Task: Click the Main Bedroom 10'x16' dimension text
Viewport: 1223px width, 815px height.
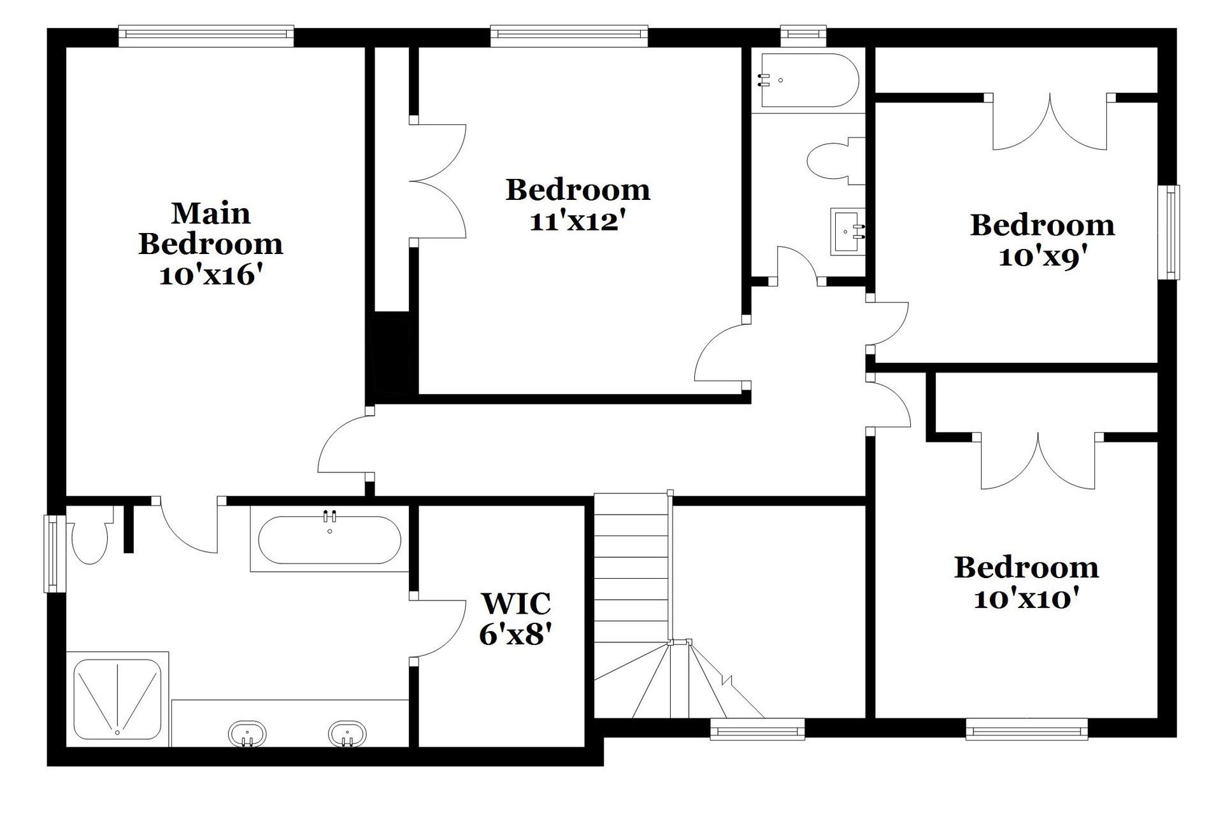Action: click(211, 276)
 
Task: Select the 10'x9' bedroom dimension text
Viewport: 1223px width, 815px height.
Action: click(1042, 257)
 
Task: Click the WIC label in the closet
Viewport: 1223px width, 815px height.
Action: click(515, 602)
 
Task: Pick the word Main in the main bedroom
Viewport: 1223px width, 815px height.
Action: click(211, 213)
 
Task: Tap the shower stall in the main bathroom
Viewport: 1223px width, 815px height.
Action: click(117, 698)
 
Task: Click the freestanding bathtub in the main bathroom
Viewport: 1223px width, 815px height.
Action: click(329, 539)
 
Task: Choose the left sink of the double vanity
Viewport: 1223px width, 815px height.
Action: click(247, 734)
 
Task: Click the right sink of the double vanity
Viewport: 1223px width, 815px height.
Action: click(347, 734)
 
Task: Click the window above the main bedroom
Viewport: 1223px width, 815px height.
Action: click(206, 36)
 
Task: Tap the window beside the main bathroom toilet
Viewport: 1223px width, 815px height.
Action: click(55, 554)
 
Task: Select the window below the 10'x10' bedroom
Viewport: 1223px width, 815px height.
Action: click(1027, 729)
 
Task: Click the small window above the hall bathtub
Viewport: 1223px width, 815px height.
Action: click(804, 36)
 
